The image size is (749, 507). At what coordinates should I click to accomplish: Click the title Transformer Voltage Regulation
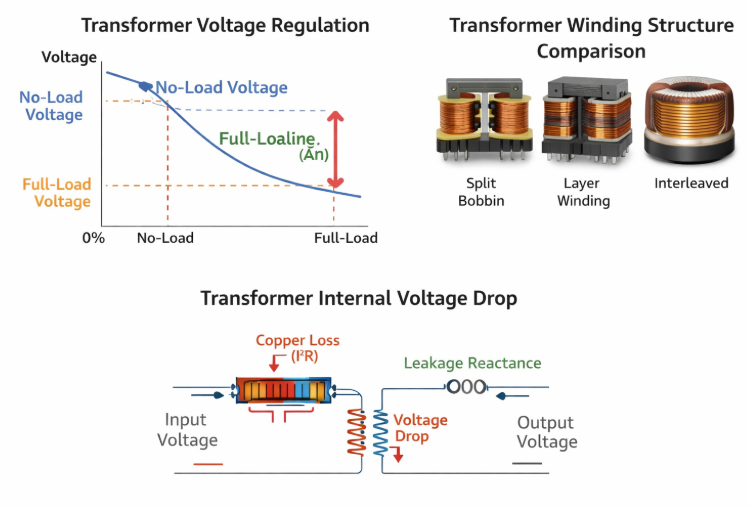click(x=225, y=25)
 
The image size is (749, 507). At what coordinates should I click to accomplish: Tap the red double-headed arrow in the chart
click(x=336, y=149)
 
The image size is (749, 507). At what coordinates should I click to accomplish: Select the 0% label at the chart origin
click(x=93, y=238)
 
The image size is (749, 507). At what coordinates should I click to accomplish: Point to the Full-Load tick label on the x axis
click(x=346, y=238)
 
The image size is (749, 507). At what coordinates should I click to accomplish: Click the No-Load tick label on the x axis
click(x=165, y=238)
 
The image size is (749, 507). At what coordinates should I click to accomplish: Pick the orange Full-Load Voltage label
click(x=57, y=193)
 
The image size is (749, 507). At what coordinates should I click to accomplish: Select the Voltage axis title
click(x=69, y=58)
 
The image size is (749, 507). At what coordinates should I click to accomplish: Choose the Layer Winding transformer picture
click(x=583, y=121)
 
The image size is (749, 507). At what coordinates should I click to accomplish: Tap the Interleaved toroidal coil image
click(x=690, y=121)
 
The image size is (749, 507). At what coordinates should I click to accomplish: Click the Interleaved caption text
click(x=691, y=183)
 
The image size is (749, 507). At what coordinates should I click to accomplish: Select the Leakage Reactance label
click(x=472, y=363)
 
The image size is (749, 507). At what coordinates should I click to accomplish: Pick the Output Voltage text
click(x=547, y=432)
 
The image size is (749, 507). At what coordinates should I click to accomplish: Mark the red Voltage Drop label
click(x=420, y=429)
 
